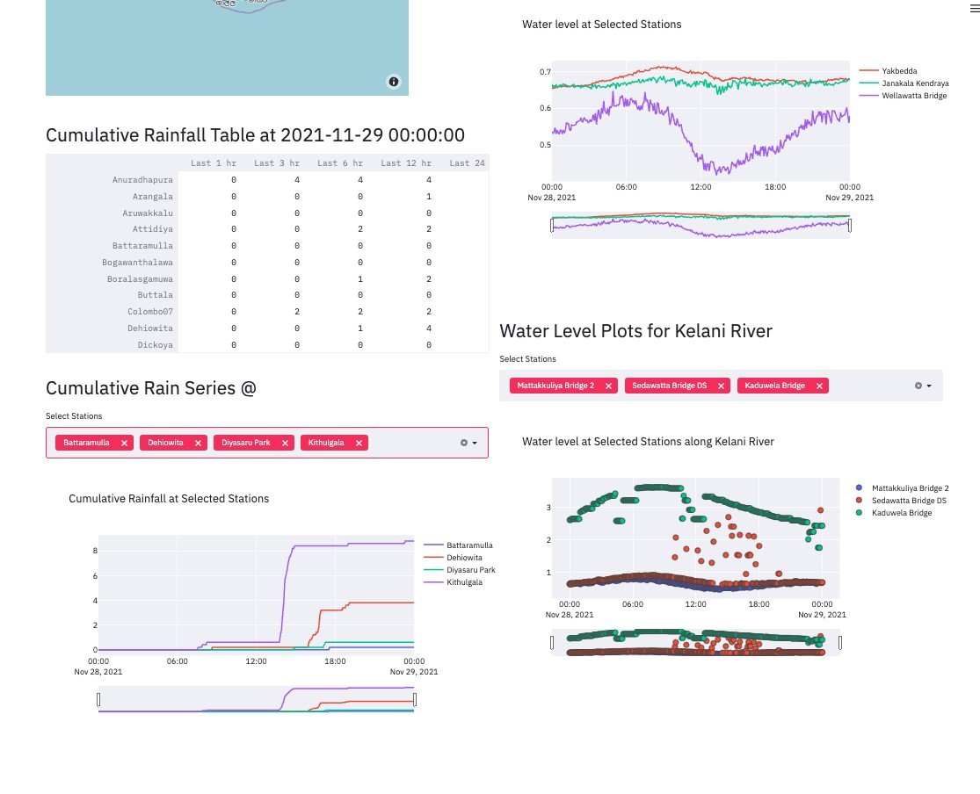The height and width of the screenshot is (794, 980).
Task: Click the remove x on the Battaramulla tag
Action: point(124,444)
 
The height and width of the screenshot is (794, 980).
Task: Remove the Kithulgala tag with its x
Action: point(359,444)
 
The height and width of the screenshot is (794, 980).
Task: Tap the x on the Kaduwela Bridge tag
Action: point(819,386)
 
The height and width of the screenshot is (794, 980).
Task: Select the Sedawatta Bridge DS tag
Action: point(669,386)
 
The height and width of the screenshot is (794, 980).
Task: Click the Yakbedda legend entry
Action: point(899,70)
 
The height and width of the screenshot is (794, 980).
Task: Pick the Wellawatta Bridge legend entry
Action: point(914,95)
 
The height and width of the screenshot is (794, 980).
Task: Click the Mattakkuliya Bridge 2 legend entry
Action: point(910,487)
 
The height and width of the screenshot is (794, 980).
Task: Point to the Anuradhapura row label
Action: point(142,180)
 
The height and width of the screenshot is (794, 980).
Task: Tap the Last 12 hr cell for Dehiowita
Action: point(428,328)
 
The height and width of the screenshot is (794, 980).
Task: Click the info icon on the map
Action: point(393,82)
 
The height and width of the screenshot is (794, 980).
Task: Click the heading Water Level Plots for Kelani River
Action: point(635,331)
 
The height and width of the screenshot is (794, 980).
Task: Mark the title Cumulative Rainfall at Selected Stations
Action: point(169,499)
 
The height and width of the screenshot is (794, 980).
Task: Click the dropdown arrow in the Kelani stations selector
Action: point(928,386)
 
